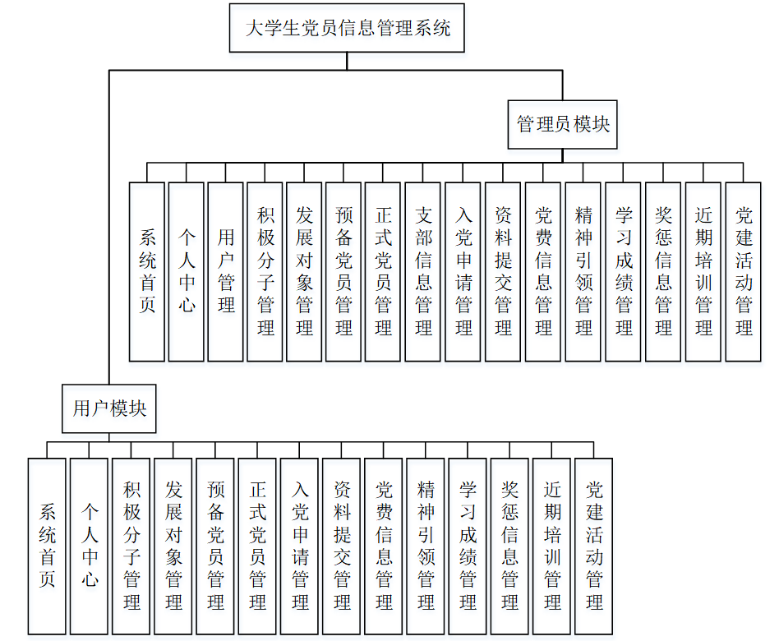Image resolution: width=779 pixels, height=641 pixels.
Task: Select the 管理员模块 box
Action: pyautogui.click(x=563, y=125)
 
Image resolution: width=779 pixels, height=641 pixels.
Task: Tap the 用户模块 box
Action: pyautogui.click(x=109, y=408)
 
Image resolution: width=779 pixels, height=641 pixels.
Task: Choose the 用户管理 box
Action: pyautogui.click(x=226, y=272)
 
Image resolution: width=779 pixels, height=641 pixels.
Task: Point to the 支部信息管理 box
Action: pyautogui.click(x=423, y=272)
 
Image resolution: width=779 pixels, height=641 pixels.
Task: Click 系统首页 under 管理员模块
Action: pyautogui.click(x=147, y=272)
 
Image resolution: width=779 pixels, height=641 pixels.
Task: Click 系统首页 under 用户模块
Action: pyautogui.click(x=47, y=546)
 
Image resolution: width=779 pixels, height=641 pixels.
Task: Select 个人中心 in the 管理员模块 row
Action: pyautogui.click(x=187, y=272)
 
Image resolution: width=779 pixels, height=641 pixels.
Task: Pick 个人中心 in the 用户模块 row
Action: pyautogui.click(x=89, y=546)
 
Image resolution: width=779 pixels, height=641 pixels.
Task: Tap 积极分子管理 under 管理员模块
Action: pyautogui.click(x=265, y=272)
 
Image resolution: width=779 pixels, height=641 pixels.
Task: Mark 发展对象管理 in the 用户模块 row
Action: pyautogui.click(x=173, y=546)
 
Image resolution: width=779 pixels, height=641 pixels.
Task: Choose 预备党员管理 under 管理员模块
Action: pyautogui.click(x=343, y=272)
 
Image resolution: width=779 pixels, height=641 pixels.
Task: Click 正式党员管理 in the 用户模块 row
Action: pyautogui.click(x=257, y=546)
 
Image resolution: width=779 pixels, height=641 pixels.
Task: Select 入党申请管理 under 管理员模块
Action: pyautogui.click(x=463, y=272)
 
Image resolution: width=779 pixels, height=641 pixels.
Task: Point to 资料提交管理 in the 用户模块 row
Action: pyautogui.click(x=342, y=546)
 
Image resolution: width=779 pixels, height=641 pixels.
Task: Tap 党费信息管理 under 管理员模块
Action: pyautogui.click(x=543, y=272)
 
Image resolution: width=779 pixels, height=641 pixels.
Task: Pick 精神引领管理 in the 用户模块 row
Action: pyautogui.click(x=426, y=546)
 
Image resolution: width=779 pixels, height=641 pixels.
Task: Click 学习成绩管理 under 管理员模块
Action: pyautogui.click(x=624, y=272)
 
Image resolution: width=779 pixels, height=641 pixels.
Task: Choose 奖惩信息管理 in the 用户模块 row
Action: pyautogui.click(x=509, y=546)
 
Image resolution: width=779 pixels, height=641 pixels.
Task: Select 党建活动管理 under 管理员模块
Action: pyautogui.click(x=744, y=272)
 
